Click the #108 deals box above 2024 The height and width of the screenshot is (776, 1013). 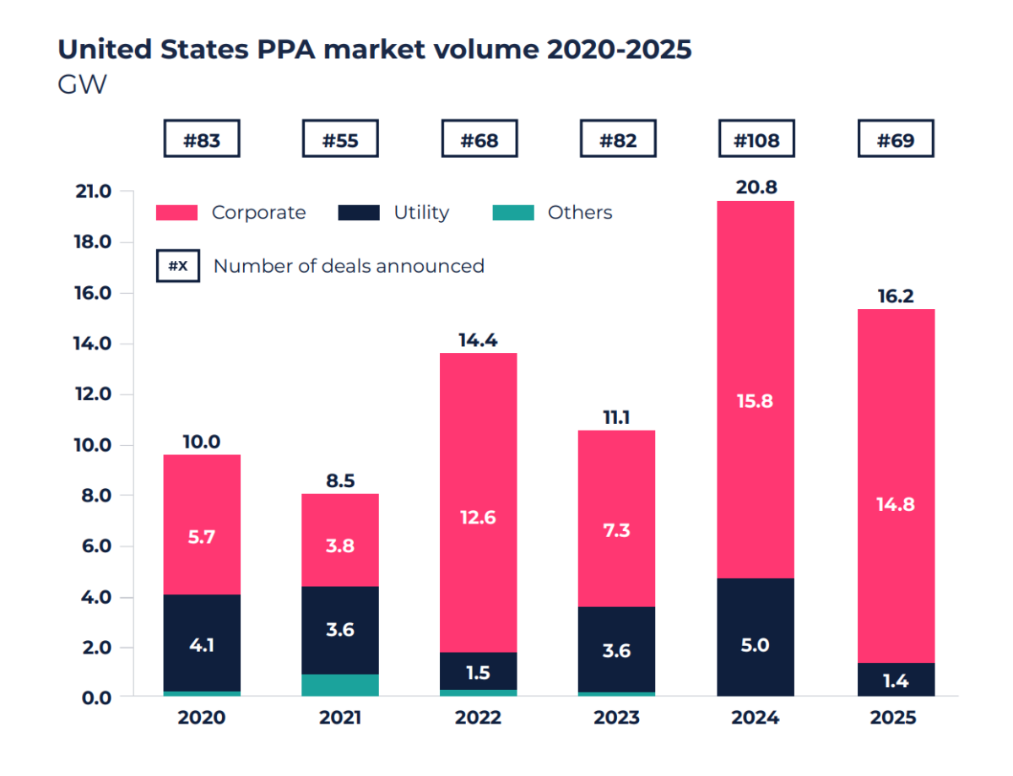756,140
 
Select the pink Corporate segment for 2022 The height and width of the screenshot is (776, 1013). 479,473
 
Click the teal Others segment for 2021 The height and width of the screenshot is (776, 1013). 340,685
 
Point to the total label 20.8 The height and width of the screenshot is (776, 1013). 756,187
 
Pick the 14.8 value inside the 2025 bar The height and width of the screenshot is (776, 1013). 896,505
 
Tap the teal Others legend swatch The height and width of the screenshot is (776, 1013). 513,213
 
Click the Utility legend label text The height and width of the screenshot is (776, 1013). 421,213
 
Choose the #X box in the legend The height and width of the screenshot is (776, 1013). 178,266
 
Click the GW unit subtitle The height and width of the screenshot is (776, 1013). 82,85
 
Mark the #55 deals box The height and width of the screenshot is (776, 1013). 340,140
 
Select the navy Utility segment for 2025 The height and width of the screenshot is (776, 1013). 896,680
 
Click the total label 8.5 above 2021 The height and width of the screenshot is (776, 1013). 340,481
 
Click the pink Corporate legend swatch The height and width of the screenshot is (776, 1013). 177,213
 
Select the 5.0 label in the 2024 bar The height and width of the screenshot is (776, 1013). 756,646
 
